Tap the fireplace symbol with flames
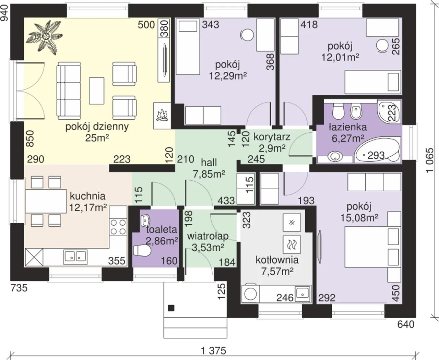(x=162, y=116)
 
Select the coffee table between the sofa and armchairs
(x=97, y=91)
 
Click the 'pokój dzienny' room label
(x=97, y=127)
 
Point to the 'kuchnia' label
(x=88, y=196)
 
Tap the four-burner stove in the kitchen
(x=118, y=227)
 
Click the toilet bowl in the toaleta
(x=142, y=251)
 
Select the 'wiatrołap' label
(x=208, y=237)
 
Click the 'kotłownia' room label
(x=277, y=260)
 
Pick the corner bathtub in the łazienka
(x=377, y=149)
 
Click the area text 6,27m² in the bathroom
(x=348, y=138)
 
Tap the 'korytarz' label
(x=272, y=137)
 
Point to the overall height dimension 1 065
(x=430, y=160)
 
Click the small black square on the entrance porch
(x=171, y=308)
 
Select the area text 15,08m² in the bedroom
(x=359, y=218)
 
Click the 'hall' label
(x=209, y=163)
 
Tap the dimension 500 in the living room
(x=146, y=25)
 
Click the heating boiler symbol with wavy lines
(x=292, y=244)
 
